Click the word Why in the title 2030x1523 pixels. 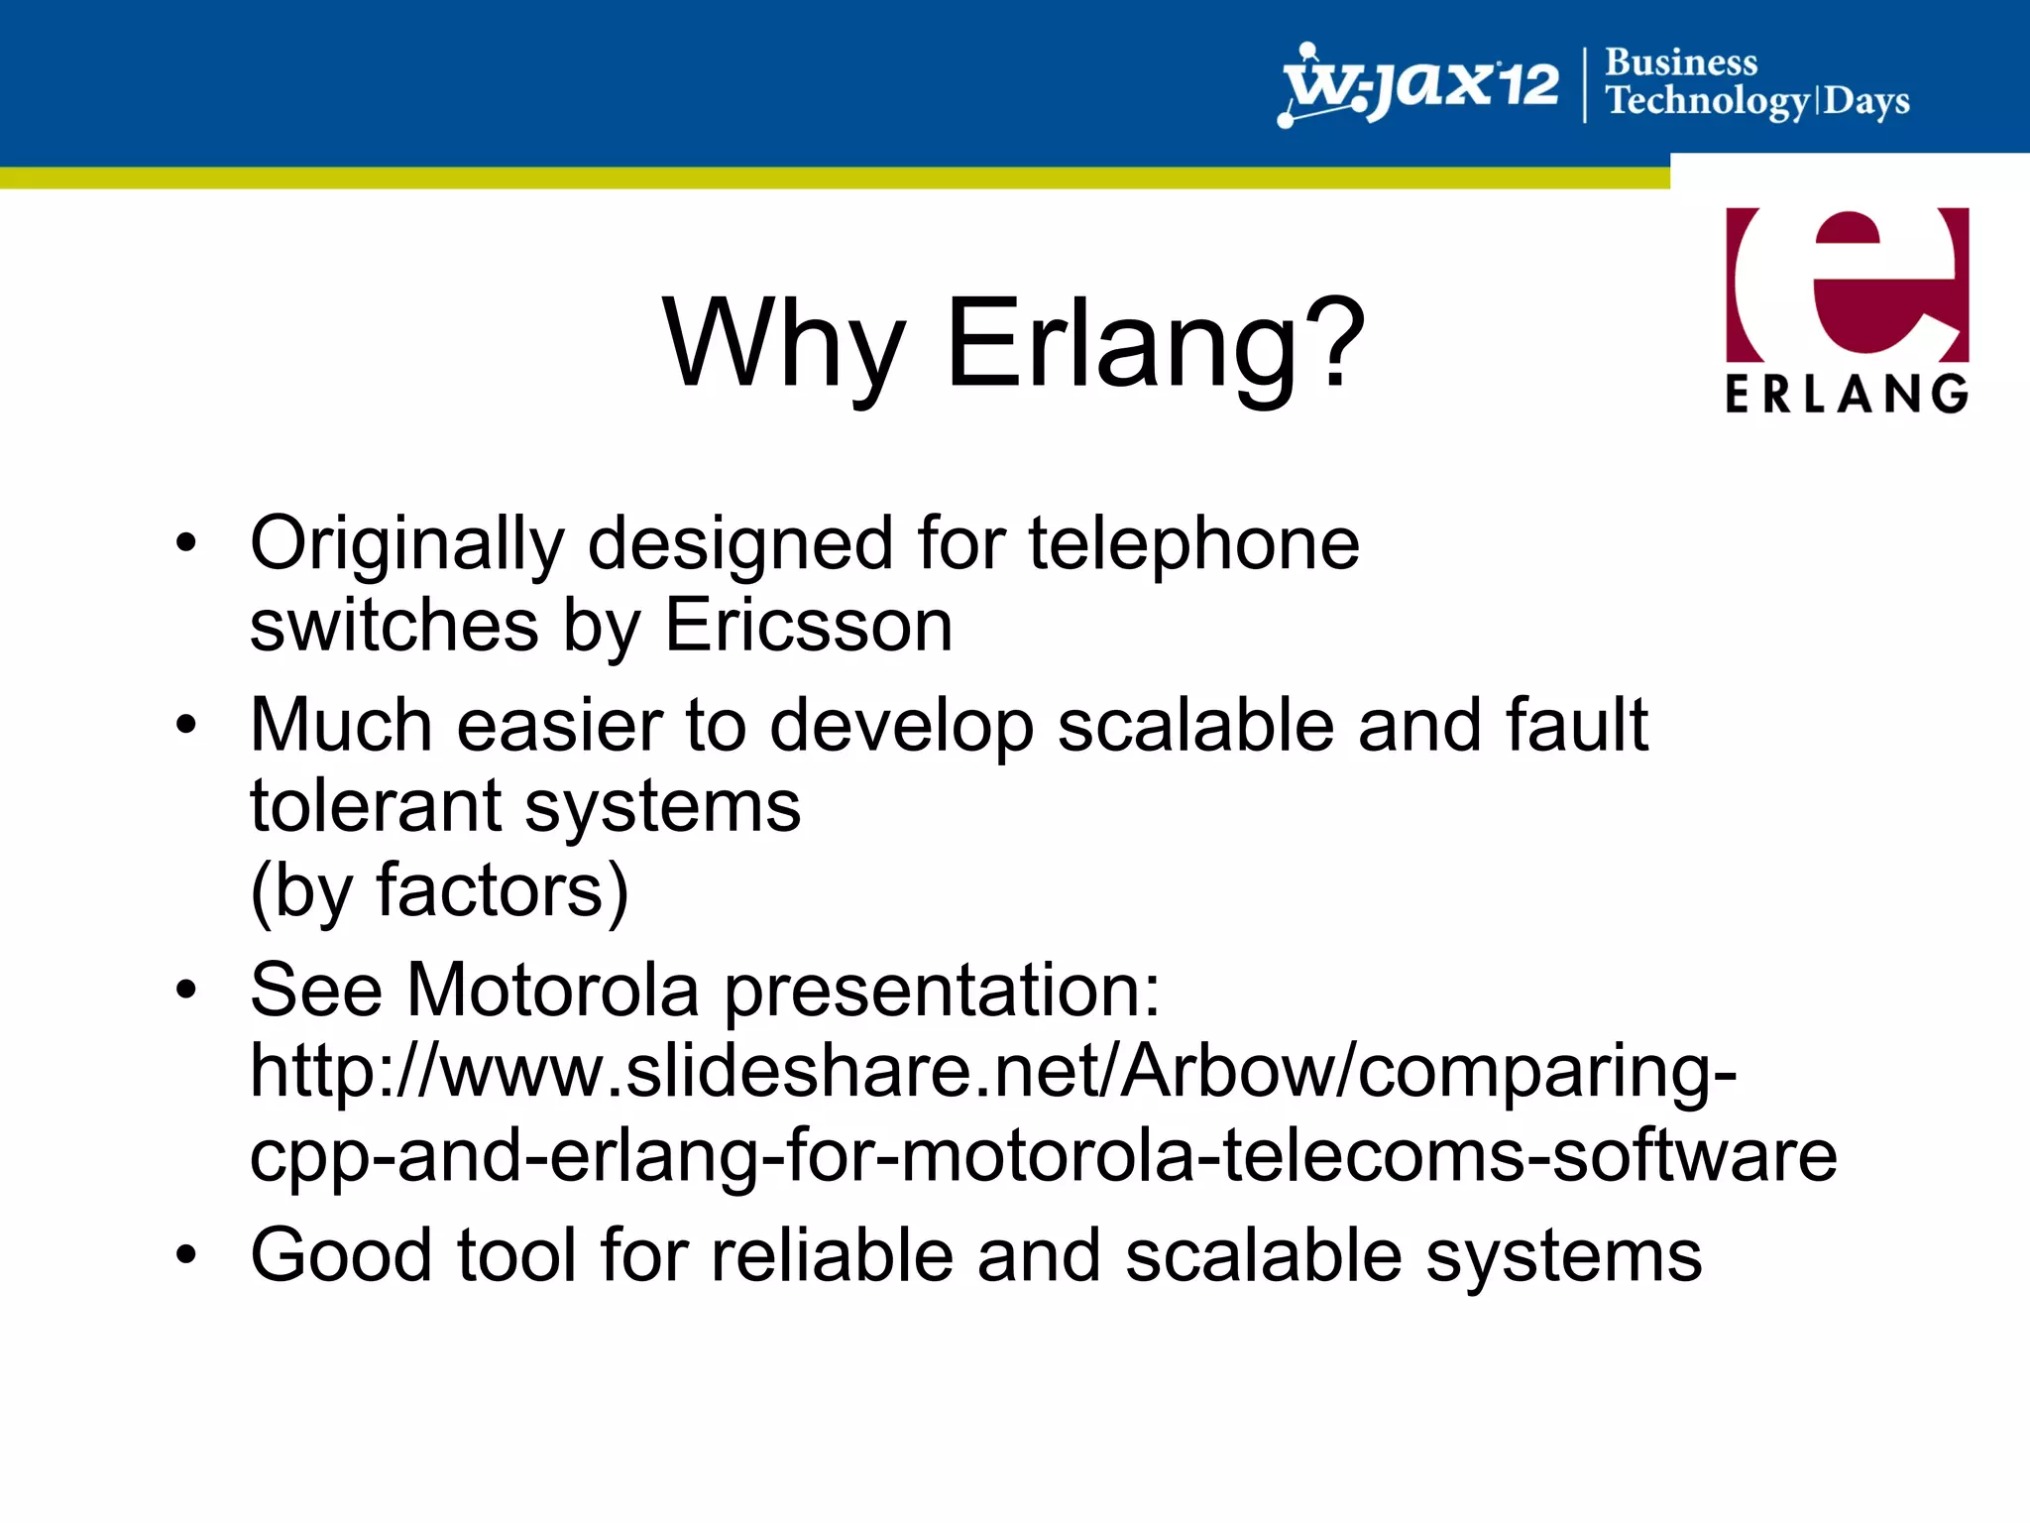pyautogui.click(x=783, y=345)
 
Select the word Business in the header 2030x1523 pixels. pyautogui.click(x=1681, y=62)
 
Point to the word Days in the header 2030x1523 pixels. pyautogui.click(x=1866, y=101)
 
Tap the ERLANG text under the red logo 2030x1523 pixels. pyautogui.click(x=1847, y=394)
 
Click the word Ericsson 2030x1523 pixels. pyautogui.click(x=808, y=626)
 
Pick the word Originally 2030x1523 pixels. pyautogui.click(x=406, y=545)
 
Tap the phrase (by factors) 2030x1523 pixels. pyautogui.click(x=439, y=891)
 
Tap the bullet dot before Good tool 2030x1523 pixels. pyautogui.click(x=186, y=1255)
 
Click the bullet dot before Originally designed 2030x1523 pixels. pyautogui.click(x=186, y=543)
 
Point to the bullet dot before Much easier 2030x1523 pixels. pyautogui.click(x=186, y=725)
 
